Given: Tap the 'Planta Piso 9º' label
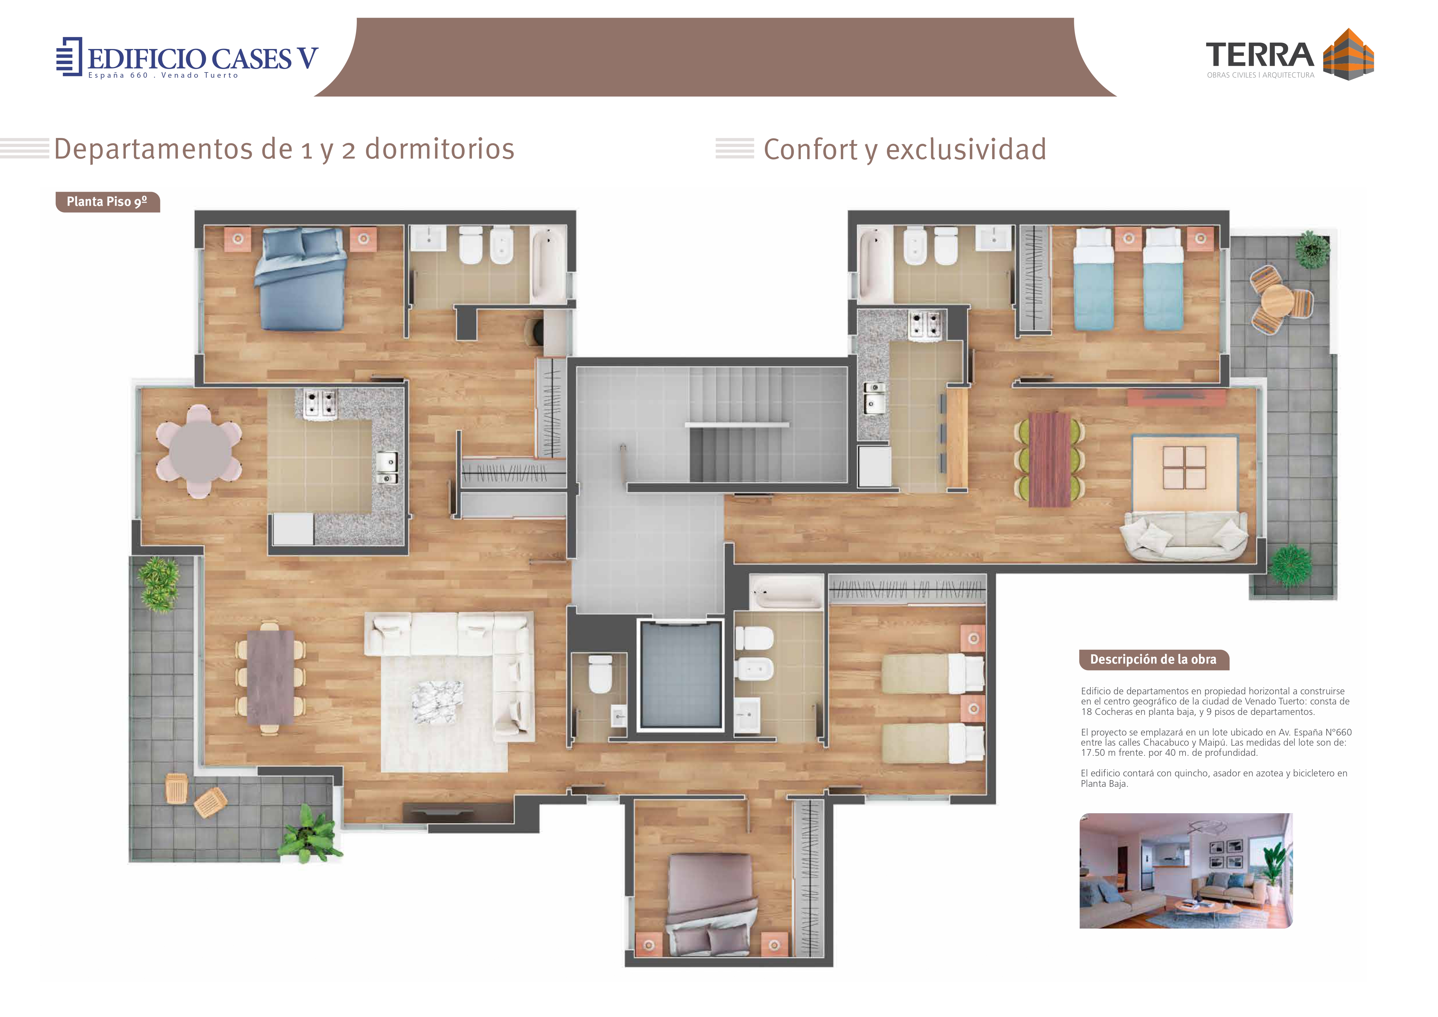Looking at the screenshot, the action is click(107, 202).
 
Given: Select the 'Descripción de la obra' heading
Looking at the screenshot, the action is click(1153, 660).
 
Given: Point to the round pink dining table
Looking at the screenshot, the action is click(199, 451).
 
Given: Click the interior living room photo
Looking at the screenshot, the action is click(1186, 871).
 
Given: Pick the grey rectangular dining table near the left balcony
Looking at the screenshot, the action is click(270, 678).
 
